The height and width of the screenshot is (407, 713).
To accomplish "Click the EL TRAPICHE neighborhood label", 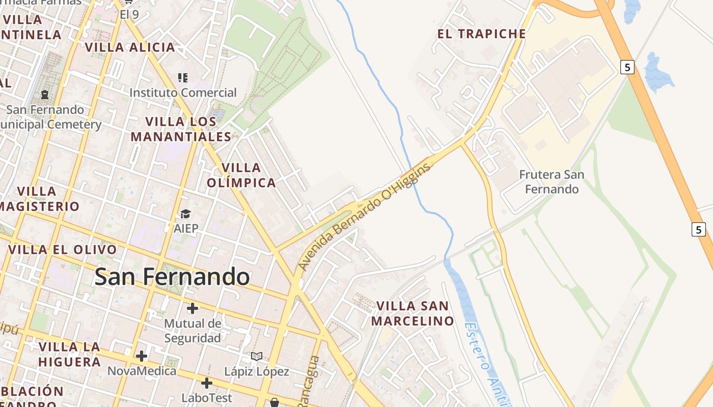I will pyautogui.click(x=481, y=34).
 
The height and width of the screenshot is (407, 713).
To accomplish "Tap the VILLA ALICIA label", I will pyautogui.click(x=130, y=47).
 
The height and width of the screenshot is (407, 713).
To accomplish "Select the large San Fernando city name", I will pyautogui.click(x=172, y=277).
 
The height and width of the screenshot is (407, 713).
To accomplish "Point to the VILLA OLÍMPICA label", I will pyautogui.click(x=241, y=175).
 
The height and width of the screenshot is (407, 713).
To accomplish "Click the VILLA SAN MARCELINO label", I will pyautogui.click(x=413, y=313).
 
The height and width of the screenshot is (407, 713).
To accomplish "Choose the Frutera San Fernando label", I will pyautogui.click(x=552, y=182).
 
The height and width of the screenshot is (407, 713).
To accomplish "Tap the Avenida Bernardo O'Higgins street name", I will pyautogui.click(x=364, y=216).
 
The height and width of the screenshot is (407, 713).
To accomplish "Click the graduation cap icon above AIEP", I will pyautogui.click(x=185, y=214).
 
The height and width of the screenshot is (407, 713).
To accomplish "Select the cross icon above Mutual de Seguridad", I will pyautogui.click(x=193, y=308).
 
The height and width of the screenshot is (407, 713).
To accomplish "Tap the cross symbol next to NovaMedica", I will pyautogui.click(x=142, y=356).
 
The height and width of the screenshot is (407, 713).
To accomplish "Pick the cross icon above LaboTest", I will pyautogui.click(x=206, y=383).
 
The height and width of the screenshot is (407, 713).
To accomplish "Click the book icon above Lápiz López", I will pyautogui.click(x=257, y=356).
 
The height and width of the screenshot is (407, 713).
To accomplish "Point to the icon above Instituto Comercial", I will pyautogui.click(x=183, y=78).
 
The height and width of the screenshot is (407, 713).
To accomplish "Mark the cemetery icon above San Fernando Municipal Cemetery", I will pyautogui.click(x=45, y=95).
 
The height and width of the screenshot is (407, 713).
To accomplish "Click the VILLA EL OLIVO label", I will pyautogui.click(x=63, y=250).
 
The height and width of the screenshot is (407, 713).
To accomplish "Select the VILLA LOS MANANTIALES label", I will pyautogui.click(x=181, y=129).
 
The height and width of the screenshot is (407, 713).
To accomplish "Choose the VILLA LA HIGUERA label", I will pyautogui.click(x=70, y=355).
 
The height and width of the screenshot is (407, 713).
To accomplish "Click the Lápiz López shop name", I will pyautogui.click(x=257, y=372).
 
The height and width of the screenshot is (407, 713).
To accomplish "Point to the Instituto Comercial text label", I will pyautogui.click(x=183, y=93).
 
